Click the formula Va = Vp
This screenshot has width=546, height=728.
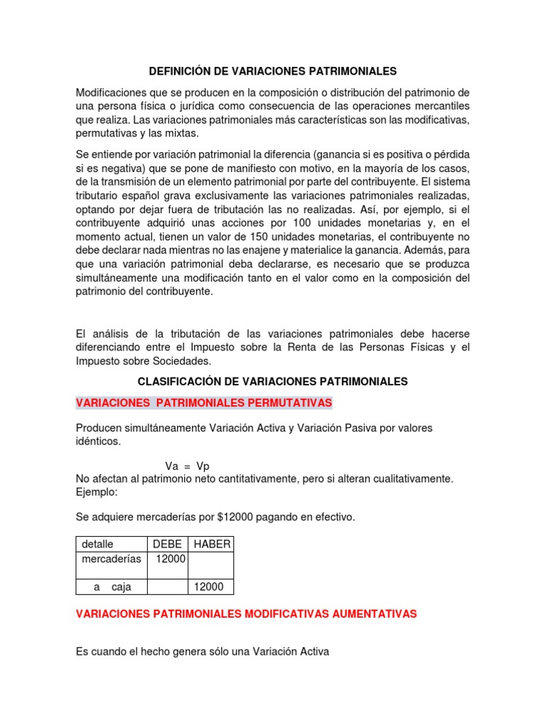coord(187,466)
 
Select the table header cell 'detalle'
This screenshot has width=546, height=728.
coord(97,544)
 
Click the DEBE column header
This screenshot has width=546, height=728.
coord(167,544)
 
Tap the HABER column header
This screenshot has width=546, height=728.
coord(211,544)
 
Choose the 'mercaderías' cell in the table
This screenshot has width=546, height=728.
coord(111,559)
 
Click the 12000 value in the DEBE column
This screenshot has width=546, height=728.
coord(171,559)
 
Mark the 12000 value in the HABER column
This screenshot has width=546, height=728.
coord(208,587)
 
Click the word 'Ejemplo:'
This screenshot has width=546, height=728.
coord(97,491)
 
